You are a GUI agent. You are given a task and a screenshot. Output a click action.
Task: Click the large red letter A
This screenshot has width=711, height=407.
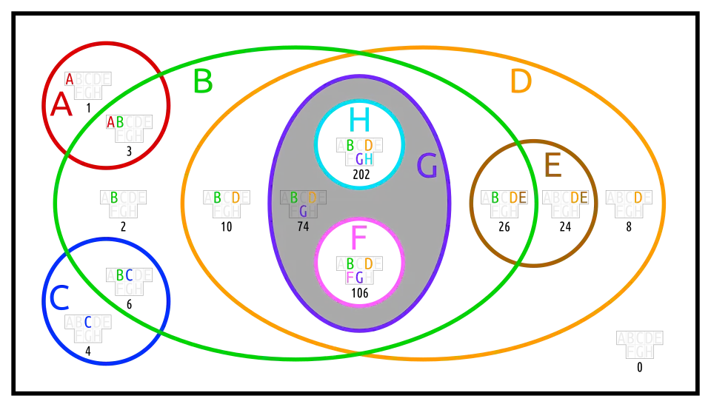(x=61, y=105)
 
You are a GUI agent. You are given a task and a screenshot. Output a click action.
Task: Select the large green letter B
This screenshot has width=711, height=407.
(x=202, y=81)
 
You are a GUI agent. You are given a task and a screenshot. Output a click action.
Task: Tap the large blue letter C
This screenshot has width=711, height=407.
(x=59, y=298)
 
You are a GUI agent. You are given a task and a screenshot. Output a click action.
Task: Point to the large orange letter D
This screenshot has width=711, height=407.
(x=521, y=81)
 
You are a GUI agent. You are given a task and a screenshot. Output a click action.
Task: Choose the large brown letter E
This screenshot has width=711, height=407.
(x=553, y=166)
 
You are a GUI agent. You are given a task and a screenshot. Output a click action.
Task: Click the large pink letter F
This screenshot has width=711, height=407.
(x=358, y=238)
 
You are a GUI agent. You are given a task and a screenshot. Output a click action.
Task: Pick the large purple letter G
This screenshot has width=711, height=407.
(x=427, y=166)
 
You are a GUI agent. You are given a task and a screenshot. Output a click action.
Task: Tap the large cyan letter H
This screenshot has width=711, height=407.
(x=360, y=120)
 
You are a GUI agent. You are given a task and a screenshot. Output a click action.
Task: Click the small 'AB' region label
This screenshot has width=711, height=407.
(x=115, y=122)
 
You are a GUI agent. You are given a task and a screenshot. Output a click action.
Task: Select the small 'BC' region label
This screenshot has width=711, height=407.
(x=124, y=275)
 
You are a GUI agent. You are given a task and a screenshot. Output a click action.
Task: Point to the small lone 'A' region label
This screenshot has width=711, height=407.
(x=70, y=79)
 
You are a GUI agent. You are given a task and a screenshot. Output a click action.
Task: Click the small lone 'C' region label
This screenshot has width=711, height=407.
(x=88, y=322)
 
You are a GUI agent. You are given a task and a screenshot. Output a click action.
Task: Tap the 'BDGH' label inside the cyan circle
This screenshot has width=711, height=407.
(x=359, y=152)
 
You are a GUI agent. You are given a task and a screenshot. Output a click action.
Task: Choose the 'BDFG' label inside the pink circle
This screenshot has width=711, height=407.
(x=359, y=270)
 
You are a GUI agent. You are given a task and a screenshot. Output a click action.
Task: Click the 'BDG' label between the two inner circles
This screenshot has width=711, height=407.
(x=303, y=204)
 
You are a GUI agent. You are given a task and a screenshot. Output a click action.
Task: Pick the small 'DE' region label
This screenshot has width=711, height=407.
(x=579, y=198)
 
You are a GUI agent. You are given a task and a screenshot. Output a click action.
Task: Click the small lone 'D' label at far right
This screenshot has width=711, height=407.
(x=638, y=198)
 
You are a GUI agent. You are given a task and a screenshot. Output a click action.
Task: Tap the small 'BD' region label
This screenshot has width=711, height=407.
(x=227, y=198)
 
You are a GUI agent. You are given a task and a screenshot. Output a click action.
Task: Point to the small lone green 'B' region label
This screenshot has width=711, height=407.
(x=113, y=198)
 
